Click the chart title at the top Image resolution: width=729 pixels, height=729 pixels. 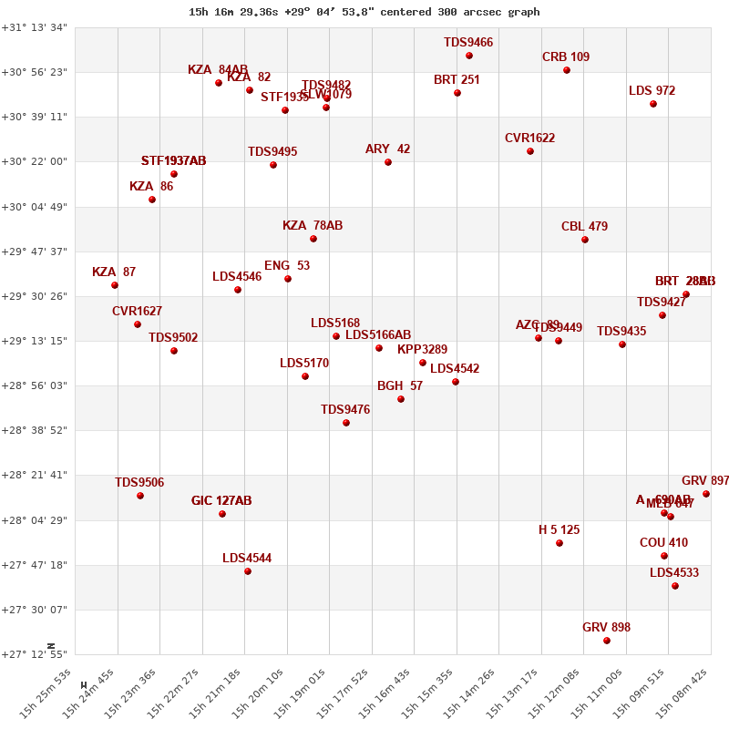(364, 12)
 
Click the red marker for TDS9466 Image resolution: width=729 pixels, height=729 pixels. (469, 56)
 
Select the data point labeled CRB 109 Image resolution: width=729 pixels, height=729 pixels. (567, 70)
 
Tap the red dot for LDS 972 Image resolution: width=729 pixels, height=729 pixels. (653, 104)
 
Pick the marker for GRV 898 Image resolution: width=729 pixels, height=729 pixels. (607, 641)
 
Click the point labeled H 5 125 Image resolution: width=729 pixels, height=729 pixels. (560, 543)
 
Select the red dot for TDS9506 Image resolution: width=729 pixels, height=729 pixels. (140, 496)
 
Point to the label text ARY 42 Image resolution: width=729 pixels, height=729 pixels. (387, 149)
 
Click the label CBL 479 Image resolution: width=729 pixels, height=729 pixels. (584, 227)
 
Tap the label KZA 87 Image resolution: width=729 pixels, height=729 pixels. (114, 272)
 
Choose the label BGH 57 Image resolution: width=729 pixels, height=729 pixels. (400, 386)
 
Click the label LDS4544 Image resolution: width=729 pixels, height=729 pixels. (247, 559)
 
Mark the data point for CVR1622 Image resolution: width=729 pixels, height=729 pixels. (530, 151)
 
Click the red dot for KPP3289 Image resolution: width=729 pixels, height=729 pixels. (423, 363)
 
